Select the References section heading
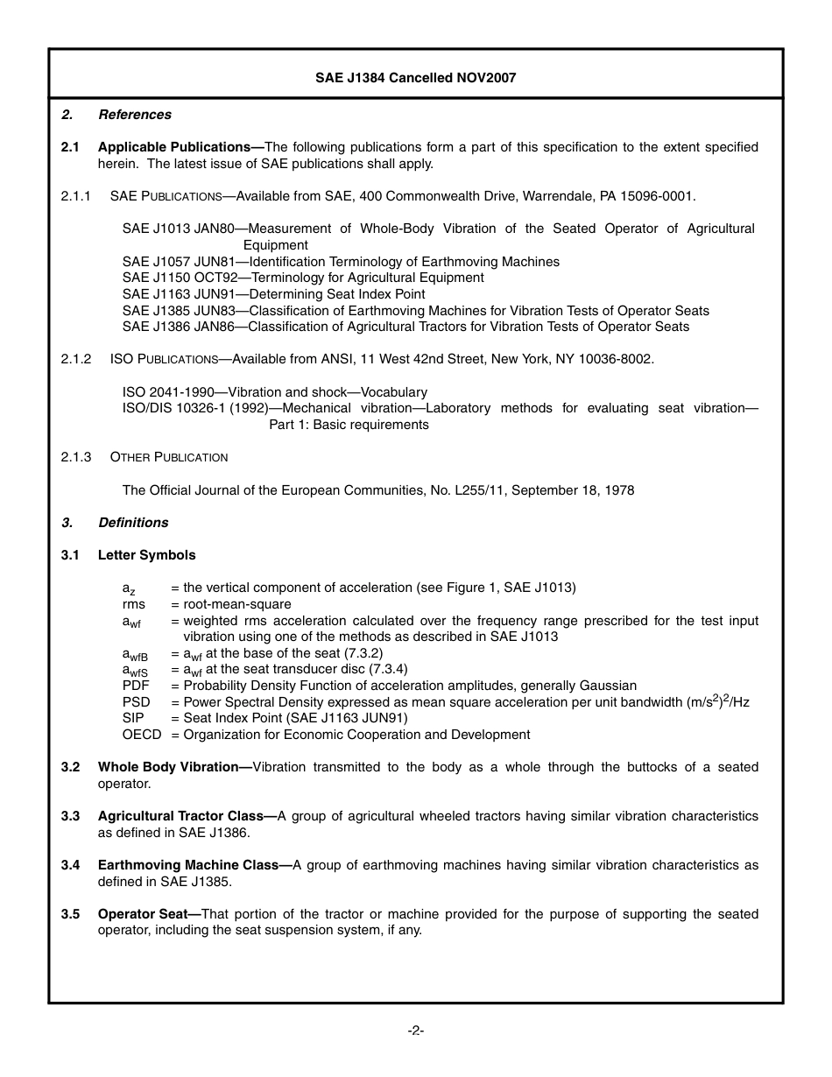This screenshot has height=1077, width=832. coord(135,115)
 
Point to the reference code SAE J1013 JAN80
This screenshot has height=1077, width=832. coord(178,229)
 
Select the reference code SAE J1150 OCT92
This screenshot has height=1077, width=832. coord(180,278)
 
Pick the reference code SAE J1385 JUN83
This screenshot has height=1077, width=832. coord(179,311)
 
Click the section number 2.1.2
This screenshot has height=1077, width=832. coord(76,359)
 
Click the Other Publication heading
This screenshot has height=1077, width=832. coord(169,457)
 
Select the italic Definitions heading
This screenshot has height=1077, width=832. coord(133,523)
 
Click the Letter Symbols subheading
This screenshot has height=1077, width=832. coord(147,555)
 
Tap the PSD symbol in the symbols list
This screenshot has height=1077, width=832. coord(136,702)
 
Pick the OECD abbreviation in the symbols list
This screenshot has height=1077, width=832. coord(142,735)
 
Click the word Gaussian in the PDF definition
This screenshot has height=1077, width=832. coord(609,686)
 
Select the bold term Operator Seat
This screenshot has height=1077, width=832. coord(149,914)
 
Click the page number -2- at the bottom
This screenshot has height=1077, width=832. coord(416,1031)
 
